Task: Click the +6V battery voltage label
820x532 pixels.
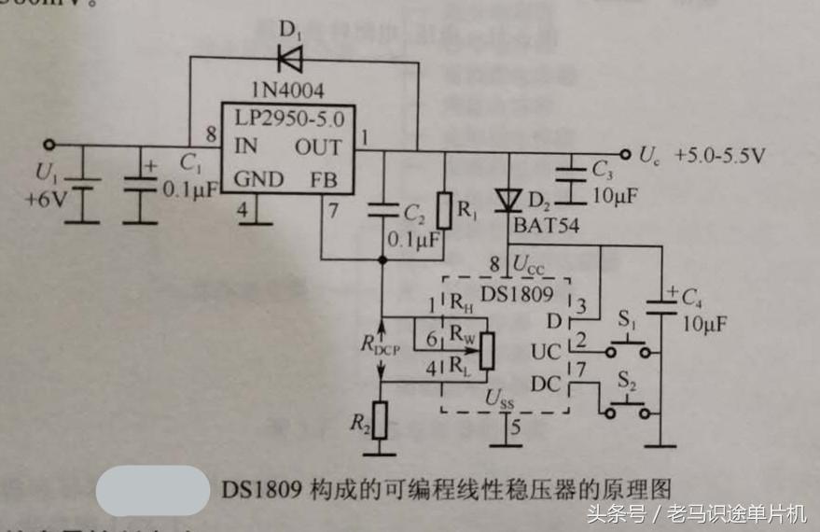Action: click(x=48, y=198)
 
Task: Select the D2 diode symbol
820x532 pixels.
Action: click(x=508, y=199)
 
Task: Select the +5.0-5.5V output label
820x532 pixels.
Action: click(x=719, y=156)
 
